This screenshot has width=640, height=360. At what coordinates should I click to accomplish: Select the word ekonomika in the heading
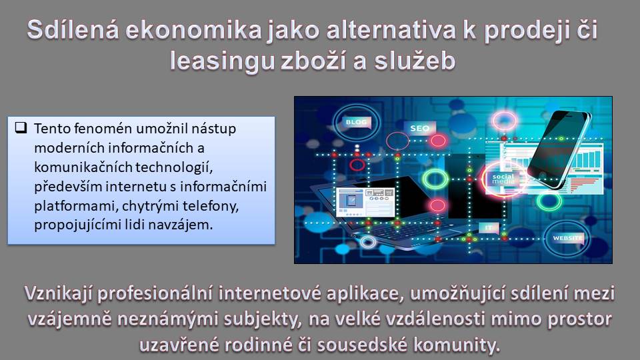tap(193, 30)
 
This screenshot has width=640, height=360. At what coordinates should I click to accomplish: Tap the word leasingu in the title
tap(221, 61)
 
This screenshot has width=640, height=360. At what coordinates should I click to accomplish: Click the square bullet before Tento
tap(21, 128)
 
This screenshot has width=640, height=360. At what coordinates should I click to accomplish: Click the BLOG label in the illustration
tap(356, 122)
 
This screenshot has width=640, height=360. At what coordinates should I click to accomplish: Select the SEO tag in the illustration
tap(419, 128)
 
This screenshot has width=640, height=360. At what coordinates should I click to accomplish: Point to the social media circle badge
tap(503, 179)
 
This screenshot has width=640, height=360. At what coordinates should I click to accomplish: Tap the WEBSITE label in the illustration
tap(567, 238)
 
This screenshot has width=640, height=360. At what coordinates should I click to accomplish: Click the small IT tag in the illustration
tap(489, 228)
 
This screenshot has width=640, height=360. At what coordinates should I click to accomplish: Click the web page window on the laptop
tap(365, 201)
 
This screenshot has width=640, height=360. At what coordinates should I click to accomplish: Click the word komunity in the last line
tap(456, 345)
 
